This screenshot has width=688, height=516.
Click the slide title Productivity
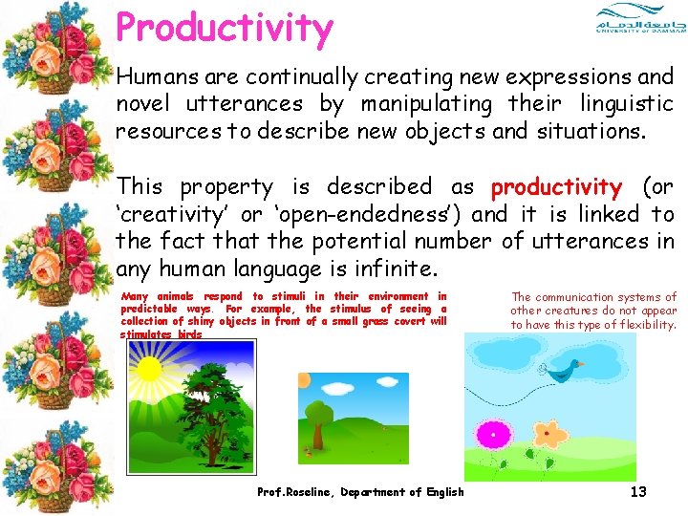pyautogui.click(x=225, y=29)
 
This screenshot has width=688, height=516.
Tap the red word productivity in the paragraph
pyautogui.click(x=555, y=186)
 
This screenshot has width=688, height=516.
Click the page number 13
pyautogui.click(x=638, y=491)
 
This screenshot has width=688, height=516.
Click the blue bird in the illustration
pyautogui.click(x=572, y=370)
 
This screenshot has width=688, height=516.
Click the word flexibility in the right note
pyautogui.click(x=642, y=325)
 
